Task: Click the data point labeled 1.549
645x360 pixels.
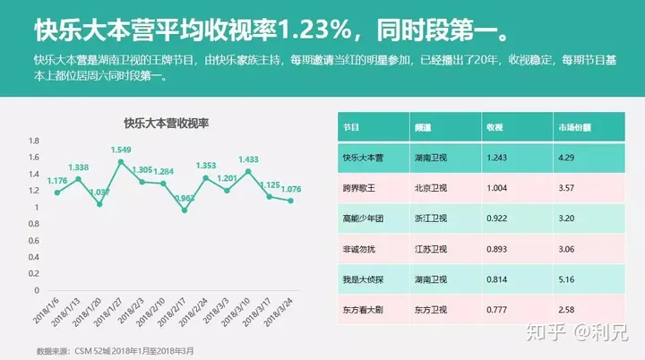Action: [x=121, y=162]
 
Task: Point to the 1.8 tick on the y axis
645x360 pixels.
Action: [x=34, y=141]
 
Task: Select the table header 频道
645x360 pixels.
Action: [x=424, y=127]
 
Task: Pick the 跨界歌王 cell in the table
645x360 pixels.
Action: [x=358, y=188]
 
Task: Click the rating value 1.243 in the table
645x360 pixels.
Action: [x=499, y=158]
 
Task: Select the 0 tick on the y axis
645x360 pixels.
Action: [x=37, y=290]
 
